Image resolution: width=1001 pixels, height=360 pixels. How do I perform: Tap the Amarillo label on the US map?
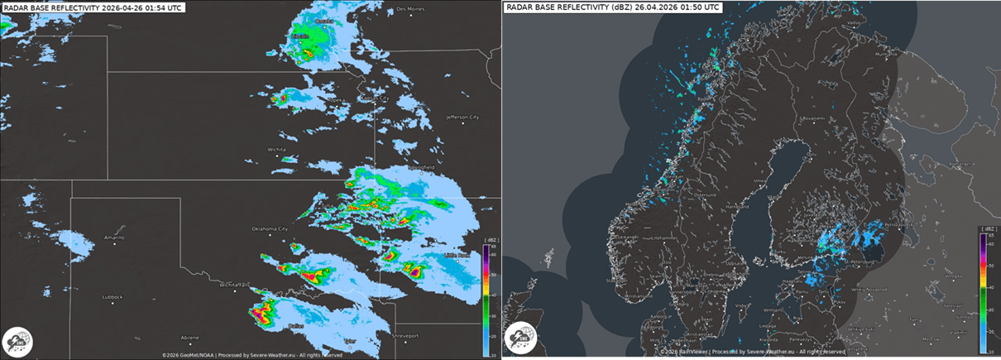(113, 238)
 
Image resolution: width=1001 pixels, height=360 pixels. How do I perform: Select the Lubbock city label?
(112, 296)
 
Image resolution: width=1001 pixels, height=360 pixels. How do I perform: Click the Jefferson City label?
(462, 118)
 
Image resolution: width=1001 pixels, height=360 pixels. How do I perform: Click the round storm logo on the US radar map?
(18, 342)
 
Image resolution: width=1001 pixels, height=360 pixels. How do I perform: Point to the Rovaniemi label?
(815, 118)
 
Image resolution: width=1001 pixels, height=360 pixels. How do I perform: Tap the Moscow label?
(932, 338)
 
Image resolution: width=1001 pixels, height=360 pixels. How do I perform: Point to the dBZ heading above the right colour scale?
(989, 227)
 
